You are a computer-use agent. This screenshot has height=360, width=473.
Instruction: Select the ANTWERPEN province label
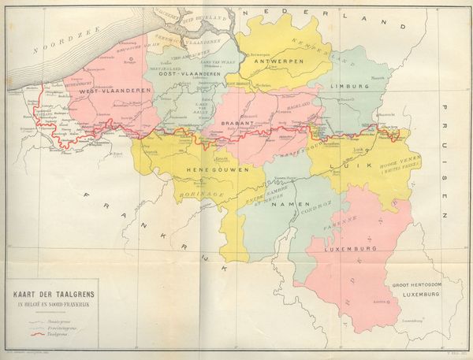click(273, 61)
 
